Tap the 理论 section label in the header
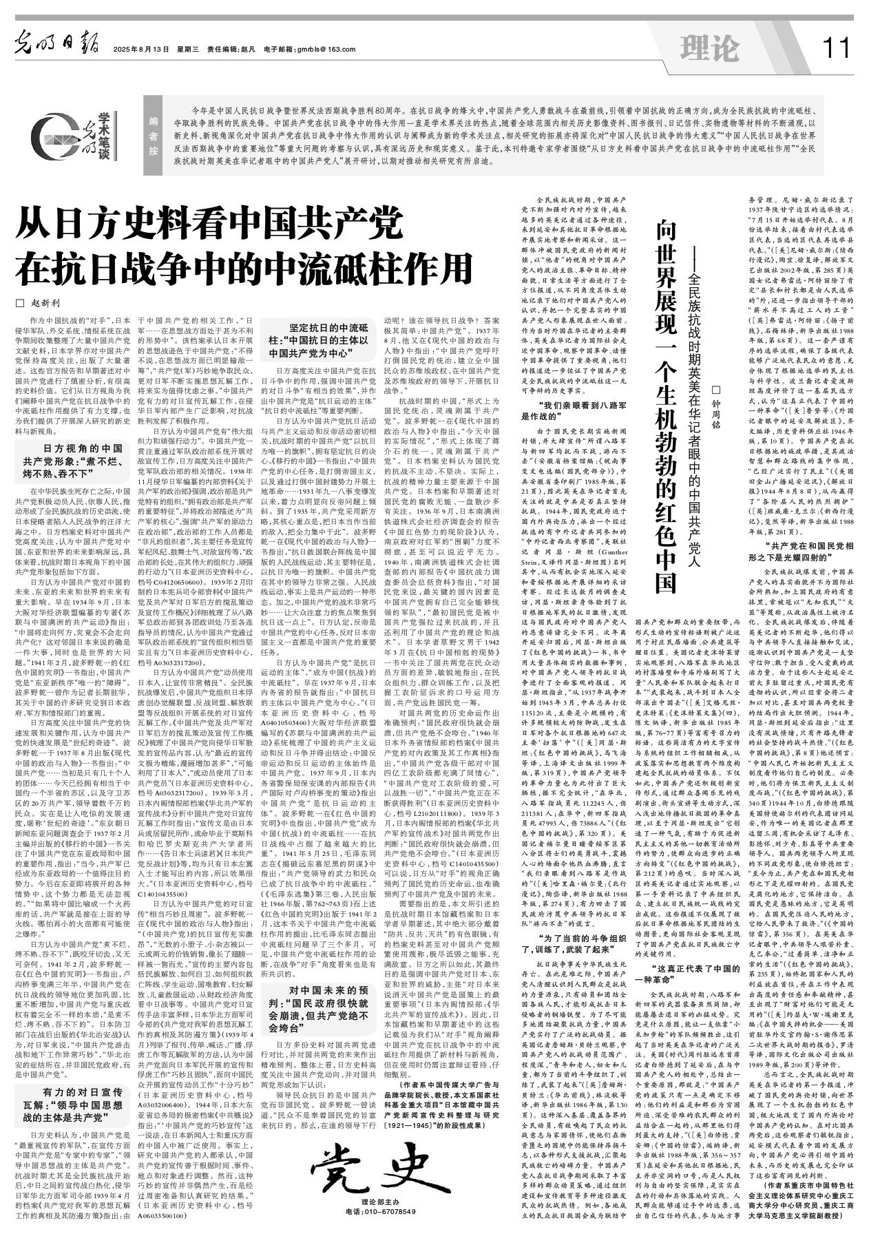(x=709, y=48)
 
